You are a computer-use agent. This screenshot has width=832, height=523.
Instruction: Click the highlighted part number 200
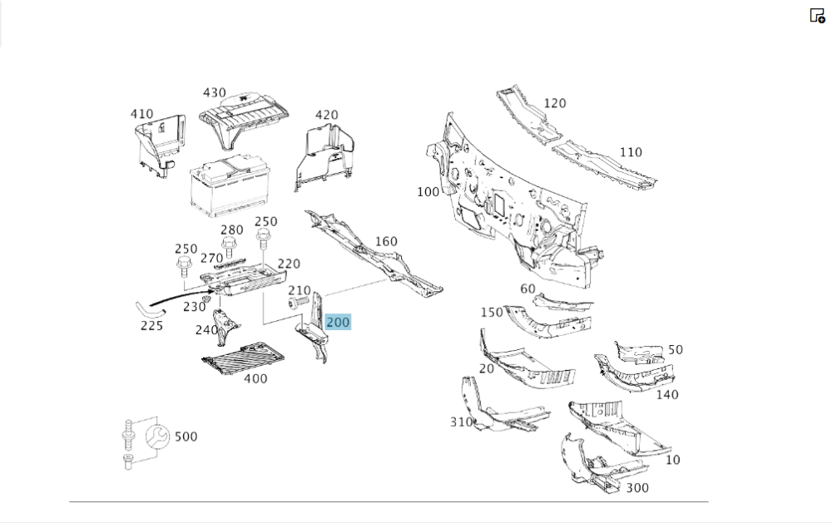(339, 322)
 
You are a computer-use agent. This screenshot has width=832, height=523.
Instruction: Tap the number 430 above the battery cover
(214, 93)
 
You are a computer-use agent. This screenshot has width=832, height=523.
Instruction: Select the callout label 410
(141, 114)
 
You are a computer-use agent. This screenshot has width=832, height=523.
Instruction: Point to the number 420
(326, 115)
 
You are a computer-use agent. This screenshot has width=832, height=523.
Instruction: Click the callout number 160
(386, 242)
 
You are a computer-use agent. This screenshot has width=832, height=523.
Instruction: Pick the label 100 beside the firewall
(428, 192)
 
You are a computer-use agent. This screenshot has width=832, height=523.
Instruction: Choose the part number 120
(554, 103)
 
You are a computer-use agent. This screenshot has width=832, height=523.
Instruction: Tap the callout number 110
(631, 152)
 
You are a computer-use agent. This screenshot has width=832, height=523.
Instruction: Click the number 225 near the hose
(151, 325)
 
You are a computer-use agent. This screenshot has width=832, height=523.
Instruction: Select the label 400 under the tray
(255, 378)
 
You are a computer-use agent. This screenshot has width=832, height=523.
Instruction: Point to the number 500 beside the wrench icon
(186, 437)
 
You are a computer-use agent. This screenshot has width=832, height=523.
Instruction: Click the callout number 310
(462, 422)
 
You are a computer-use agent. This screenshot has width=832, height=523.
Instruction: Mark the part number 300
(636, 487)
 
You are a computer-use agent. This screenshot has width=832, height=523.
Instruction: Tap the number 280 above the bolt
(232, 230)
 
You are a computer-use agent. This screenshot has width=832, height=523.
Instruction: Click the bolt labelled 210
(295, 304)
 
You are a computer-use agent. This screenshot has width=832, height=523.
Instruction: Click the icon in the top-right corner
(817, 15)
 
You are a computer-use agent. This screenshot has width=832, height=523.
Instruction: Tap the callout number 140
(667, 394)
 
